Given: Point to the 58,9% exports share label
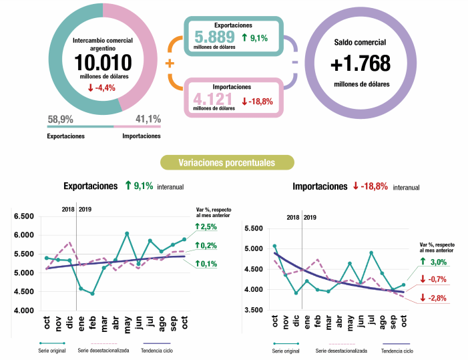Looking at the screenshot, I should (60, 120).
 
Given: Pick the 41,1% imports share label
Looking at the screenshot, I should (148, 120).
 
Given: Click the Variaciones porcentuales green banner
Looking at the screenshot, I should (227, 162).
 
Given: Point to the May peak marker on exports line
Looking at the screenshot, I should (127, 234).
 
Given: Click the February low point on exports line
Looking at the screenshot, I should (92, 293).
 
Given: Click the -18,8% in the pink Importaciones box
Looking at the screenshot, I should (261, 102).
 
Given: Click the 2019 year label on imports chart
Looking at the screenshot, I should (310, 217).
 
